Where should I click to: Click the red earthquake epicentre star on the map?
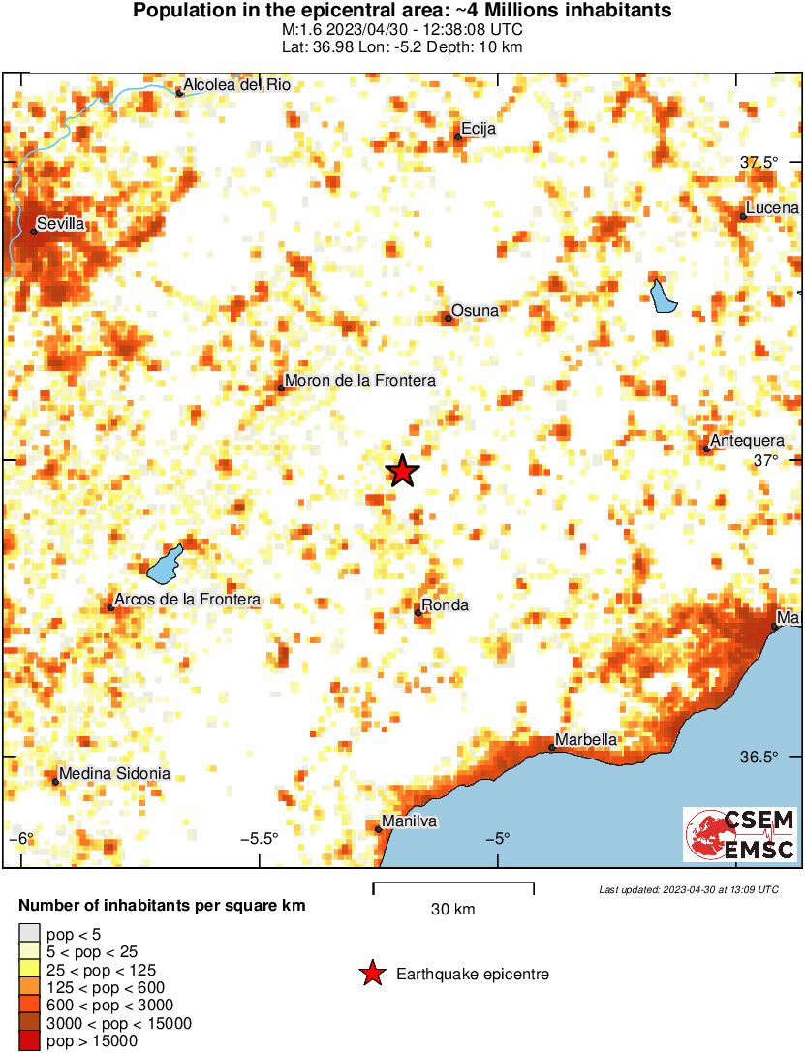(402, 471)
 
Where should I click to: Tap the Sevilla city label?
(61, 224)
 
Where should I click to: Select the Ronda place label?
(446, 605)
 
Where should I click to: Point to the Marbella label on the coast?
(586, 739)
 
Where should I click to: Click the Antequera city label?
(747, 441)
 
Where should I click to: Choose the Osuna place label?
(476, 310)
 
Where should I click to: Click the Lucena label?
(772, 208)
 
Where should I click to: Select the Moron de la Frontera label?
(359, 381)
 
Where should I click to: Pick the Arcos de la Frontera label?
(187, 601)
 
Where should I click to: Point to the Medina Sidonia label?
(114, 773)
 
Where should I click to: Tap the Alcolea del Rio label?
(236, 85)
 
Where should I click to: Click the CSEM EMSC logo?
(740, 834)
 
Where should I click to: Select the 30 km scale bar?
(453, 884)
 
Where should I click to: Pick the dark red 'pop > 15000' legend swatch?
(28, 1041)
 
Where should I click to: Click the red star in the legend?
(371, 974)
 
